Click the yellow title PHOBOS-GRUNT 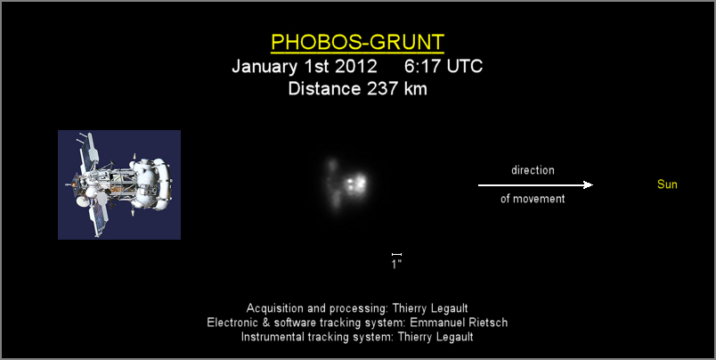tap(357, 42)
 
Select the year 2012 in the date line tap(356, 66)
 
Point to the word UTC tap(464, 66)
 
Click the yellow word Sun tap(667, 184)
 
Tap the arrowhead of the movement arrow tap(589, 185)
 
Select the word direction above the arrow tap(533, 170)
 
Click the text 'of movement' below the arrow tap(533, 199)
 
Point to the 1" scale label tap(396, 264)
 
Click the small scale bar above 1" tap(396, 254)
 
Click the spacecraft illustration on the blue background tap(119, 184)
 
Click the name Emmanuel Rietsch tap(459, 323)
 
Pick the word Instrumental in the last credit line tap(273, 337)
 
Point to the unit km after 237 tap(416, 88)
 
